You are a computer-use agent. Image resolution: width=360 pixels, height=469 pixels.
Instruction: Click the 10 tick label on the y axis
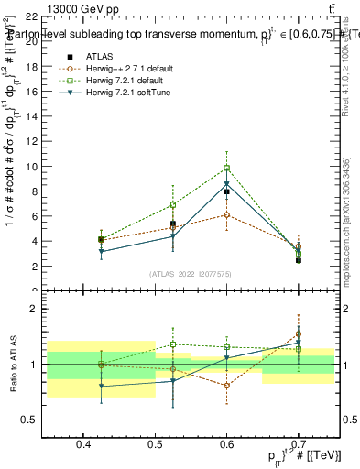pos(32,167)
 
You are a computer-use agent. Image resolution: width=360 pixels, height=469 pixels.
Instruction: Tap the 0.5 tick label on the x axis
pos(156,445)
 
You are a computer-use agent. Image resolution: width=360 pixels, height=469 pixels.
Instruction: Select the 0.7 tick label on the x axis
pos(299,445)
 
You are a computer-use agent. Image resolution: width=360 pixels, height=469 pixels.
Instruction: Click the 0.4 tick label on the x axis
pos(84,445)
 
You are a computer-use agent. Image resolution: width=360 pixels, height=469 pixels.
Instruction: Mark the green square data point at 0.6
pos(226,169)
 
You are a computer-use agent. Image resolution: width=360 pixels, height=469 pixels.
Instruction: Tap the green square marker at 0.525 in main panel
pos(172,205)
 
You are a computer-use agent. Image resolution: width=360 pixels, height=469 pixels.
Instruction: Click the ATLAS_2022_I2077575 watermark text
pos(191,274)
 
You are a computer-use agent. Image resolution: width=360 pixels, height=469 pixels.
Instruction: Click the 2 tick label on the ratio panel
pos(34,310)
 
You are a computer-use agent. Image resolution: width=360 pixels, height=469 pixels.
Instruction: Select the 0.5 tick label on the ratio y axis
pos(30,420)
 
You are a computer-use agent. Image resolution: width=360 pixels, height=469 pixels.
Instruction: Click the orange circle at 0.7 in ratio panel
pos(298,334)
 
